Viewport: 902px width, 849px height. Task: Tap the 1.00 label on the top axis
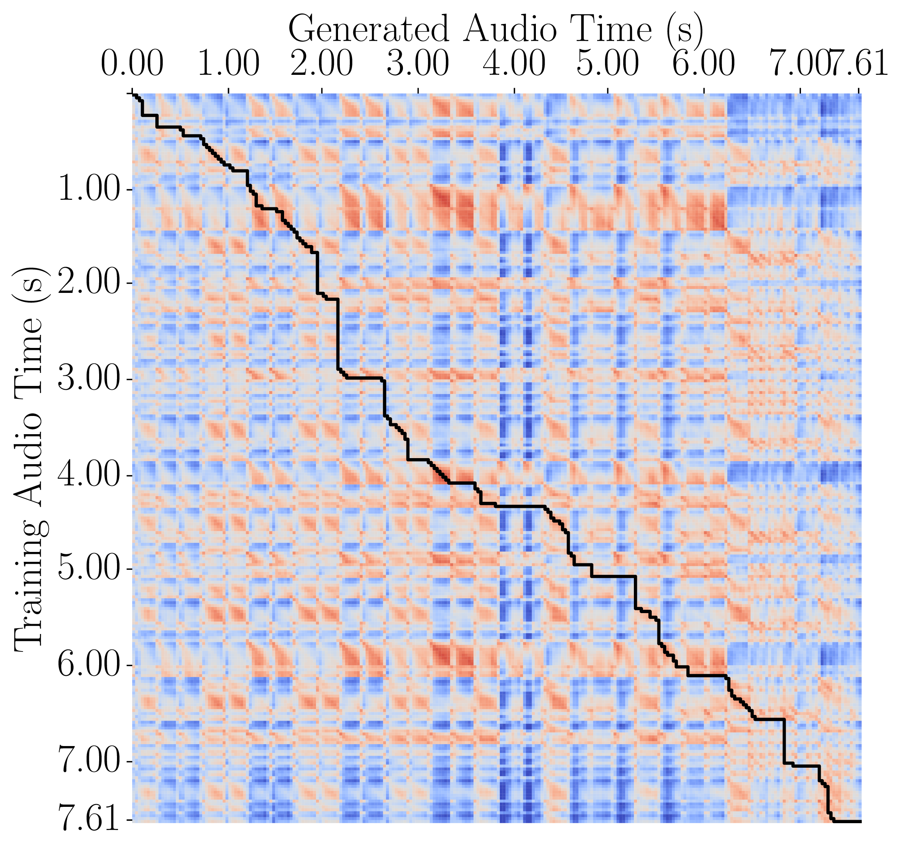[x=229, y=65]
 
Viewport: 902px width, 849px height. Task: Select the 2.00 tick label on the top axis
[x=322, y=65]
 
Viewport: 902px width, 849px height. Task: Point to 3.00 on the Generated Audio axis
[x=418, y=65]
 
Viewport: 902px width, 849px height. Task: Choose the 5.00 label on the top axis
[x=608, y=65]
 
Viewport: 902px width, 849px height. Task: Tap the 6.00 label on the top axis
[x=703, y=65]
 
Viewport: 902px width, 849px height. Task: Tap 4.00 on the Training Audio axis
[x=88, y=476]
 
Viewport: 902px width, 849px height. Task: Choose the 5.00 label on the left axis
[x=88, y=569]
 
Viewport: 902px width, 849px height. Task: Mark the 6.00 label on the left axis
[x=88, y=666]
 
